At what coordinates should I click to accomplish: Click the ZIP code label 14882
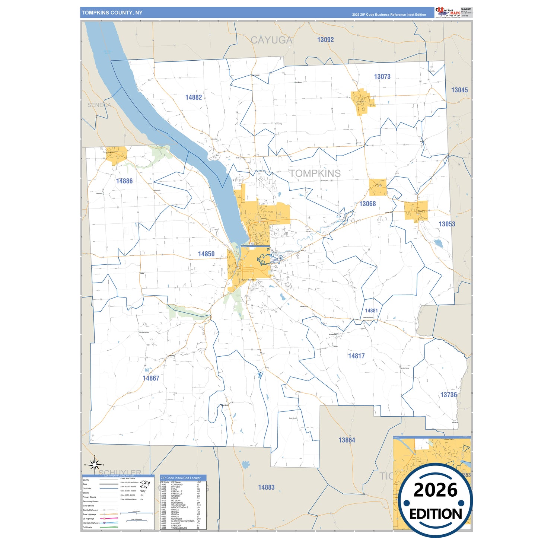tap(194, 98)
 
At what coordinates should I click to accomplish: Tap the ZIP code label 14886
tap(124, 181)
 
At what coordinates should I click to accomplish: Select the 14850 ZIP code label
tap(206, 254)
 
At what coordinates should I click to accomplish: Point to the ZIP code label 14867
tap(151, 378)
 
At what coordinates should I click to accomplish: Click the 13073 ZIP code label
tap(382, 77)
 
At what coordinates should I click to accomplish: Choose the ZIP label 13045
tap(459, 90)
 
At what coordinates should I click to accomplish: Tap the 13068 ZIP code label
tap(367, 204)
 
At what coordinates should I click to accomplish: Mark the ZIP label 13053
tap(447, 224)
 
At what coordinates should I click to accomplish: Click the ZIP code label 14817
tap(356, 356)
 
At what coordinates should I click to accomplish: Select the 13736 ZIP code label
tap(448, 395)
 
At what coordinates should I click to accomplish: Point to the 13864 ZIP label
tap(347, 440)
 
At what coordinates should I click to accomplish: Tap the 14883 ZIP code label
tap(266, 487)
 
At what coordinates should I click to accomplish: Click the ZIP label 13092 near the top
tap(325, 40)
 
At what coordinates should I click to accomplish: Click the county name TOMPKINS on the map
tap(315, 174)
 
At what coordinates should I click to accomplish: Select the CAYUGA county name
tap(271, 40)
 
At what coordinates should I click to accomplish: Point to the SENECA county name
tap(99, 105)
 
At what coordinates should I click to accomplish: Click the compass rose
tap(95, 465)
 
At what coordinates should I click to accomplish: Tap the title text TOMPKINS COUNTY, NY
tap(112, 13)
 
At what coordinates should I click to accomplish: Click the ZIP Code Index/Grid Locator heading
tap(181, 478)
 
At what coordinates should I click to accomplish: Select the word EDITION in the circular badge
tap(435, 514)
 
